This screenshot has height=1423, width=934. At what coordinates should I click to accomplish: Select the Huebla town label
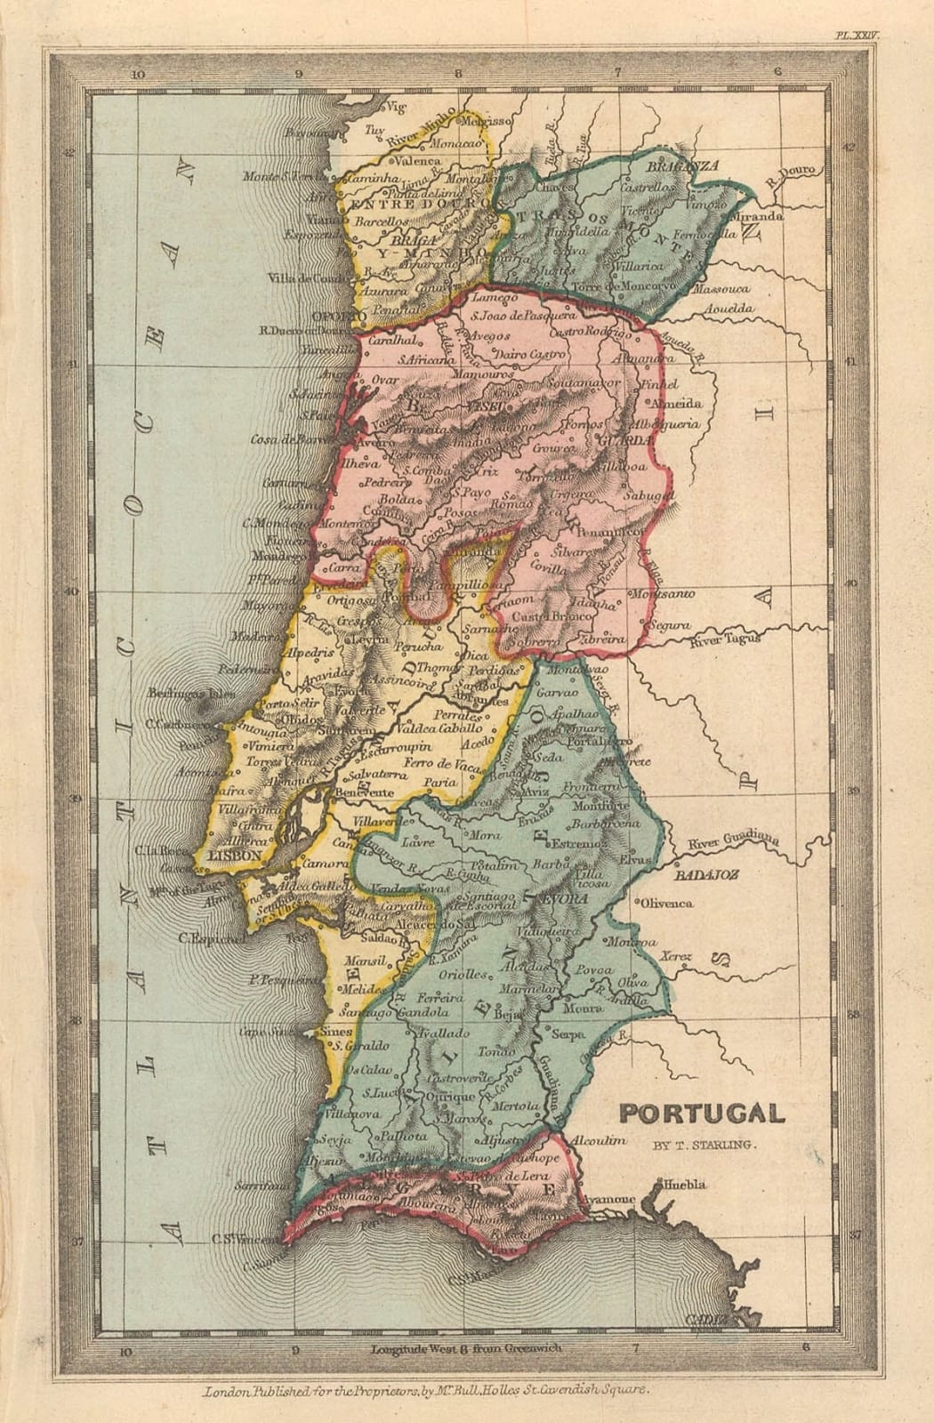(684, 1185)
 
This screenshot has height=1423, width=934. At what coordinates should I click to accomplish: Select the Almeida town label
(677, 403)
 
